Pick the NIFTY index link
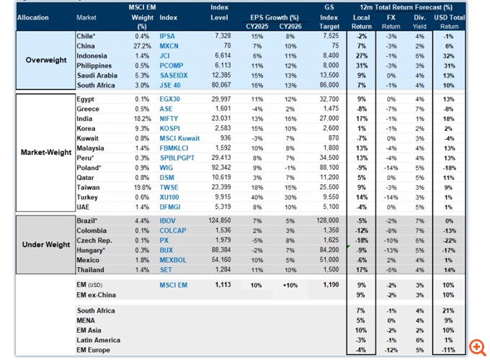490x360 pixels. pyautogui.click(x=169, y=118)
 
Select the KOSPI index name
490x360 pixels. pyautogui.click(x=169, y=128)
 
